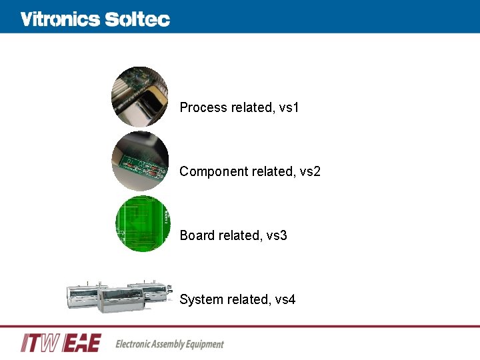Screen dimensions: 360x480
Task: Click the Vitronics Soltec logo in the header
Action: tap(95, 19)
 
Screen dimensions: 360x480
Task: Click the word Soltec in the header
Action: tap(137, 19)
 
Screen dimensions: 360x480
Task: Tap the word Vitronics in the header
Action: tap(60, 19)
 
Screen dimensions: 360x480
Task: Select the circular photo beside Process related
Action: tap(139, 97)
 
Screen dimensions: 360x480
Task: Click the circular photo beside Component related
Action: tap(139, 161)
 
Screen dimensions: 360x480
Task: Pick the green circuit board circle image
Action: tap(143, 224)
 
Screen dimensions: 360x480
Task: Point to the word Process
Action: tap(203, 107)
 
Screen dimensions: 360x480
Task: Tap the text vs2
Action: tap(310, 171)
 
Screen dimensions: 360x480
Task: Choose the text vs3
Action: tap(277, 235)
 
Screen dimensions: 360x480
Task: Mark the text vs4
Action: tap(285, 299)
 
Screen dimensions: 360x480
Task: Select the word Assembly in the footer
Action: tap(173, 344)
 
